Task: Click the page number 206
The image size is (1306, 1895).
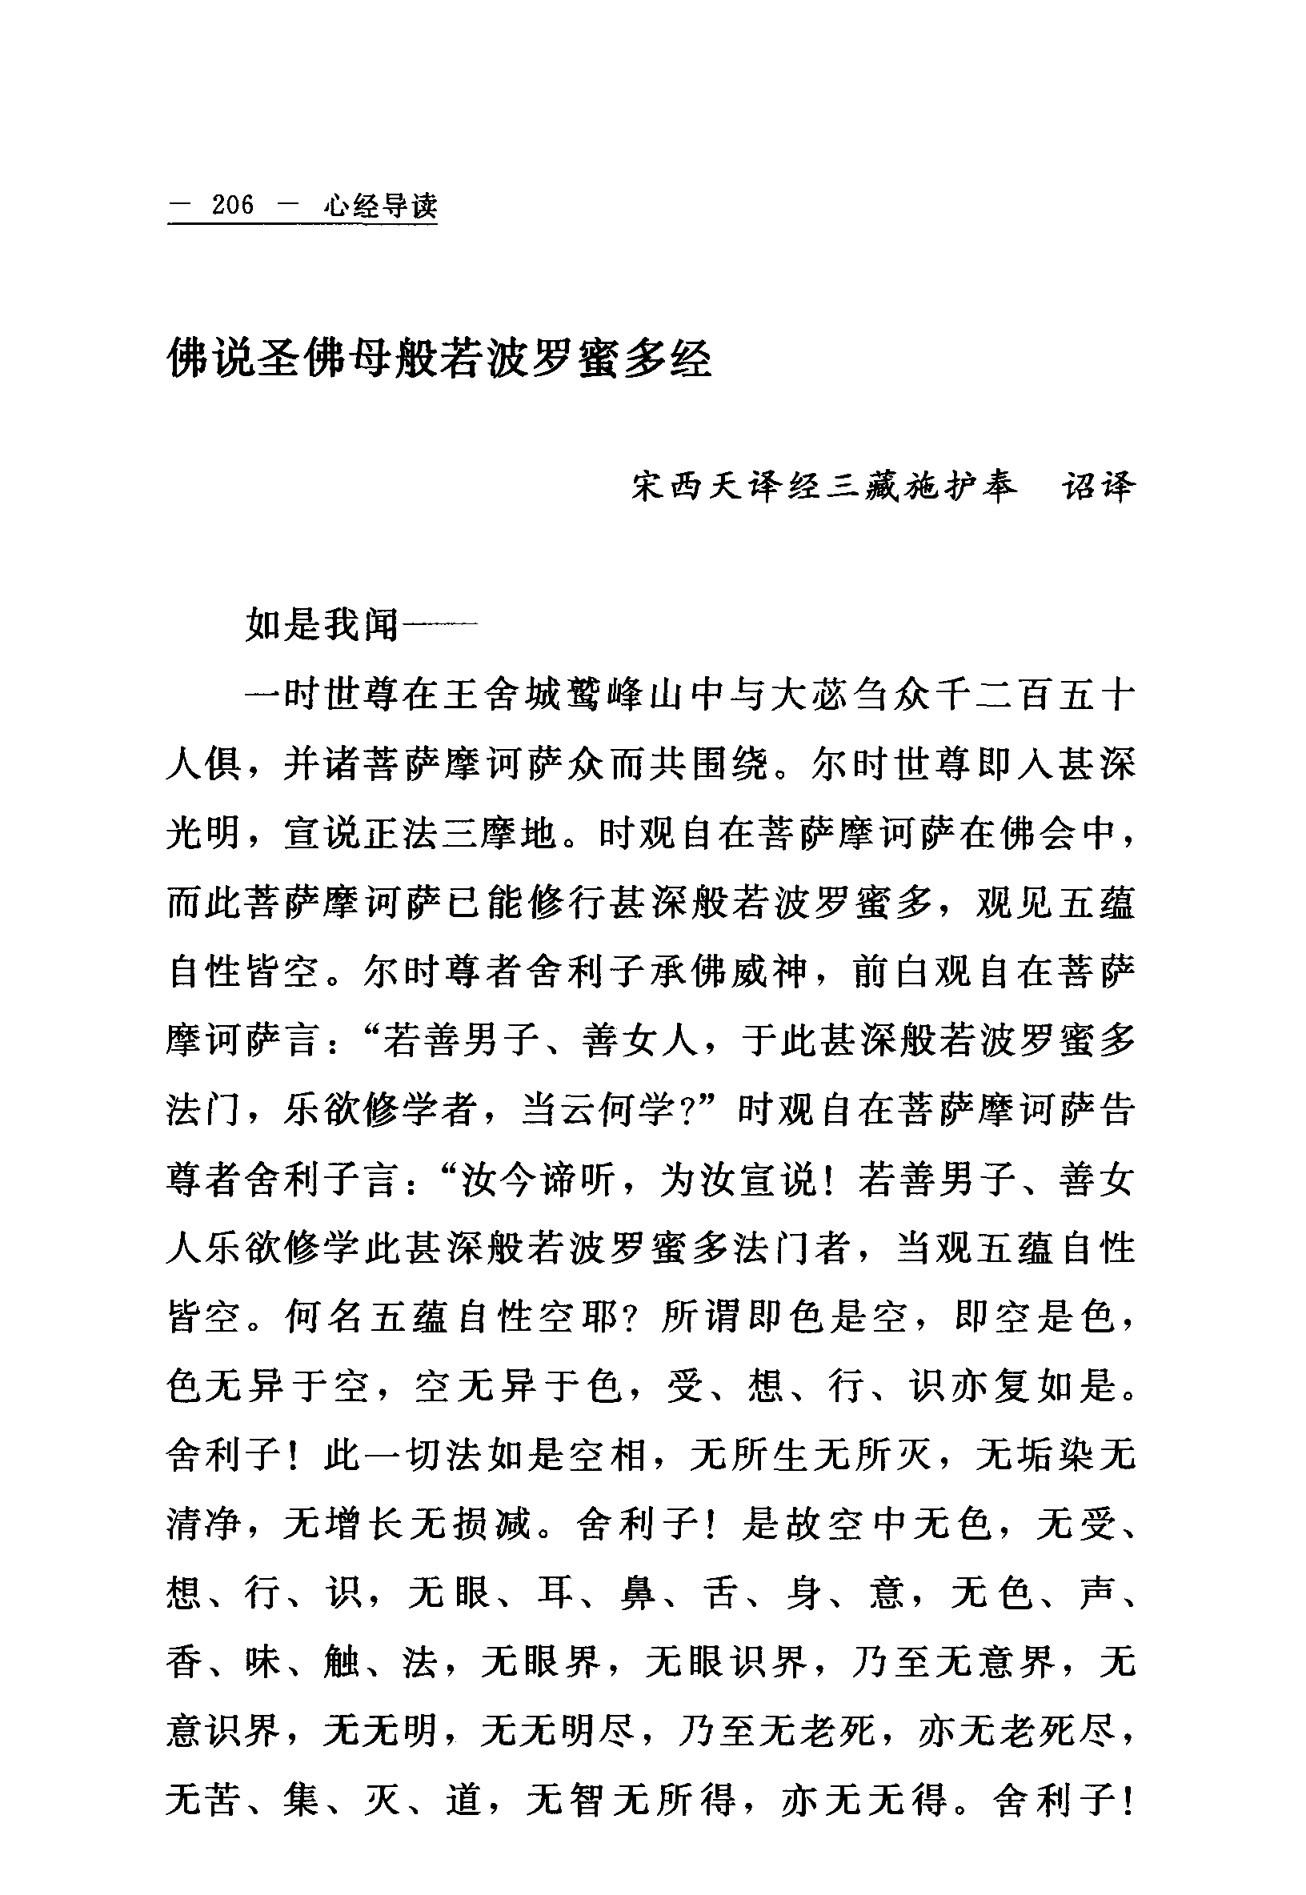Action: point(232,206)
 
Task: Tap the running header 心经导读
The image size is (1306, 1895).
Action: point(380,206)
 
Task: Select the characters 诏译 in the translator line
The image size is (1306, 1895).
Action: point(1098,487)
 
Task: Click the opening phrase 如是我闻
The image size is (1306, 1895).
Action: point(322,626)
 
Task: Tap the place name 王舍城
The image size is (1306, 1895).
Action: point(501,697)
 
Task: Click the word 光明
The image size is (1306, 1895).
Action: point(203,835)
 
